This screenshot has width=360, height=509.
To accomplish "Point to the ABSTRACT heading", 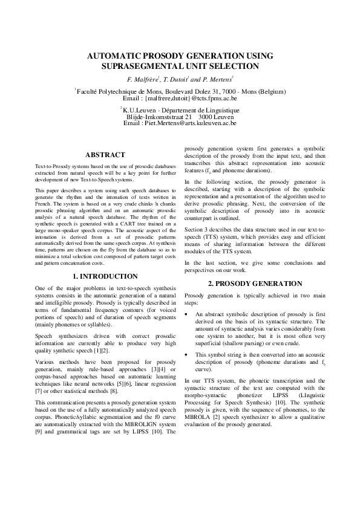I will [x=106, y=155].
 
